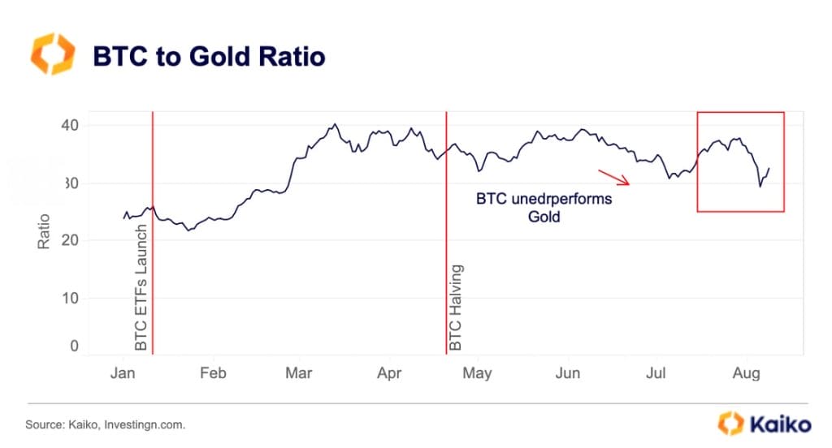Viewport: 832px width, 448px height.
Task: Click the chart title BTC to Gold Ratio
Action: click(209, 57)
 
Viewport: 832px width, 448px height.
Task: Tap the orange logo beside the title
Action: click(52, 54)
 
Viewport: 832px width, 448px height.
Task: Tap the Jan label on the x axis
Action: click(123, 373)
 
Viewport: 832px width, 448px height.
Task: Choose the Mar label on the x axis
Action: click(300, 373)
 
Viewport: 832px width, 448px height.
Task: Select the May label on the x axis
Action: click(477, 373)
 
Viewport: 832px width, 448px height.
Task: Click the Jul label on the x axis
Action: click(655, 373)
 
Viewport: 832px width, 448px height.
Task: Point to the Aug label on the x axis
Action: click(746, 373)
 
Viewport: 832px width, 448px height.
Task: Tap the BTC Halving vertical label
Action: click(456, 308)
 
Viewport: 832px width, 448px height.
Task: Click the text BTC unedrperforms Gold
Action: click(544, 208)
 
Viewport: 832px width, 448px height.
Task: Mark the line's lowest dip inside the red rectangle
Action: click(760, 187)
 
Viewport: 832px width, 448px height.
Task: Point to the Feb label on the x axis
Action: click(213, 373)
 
